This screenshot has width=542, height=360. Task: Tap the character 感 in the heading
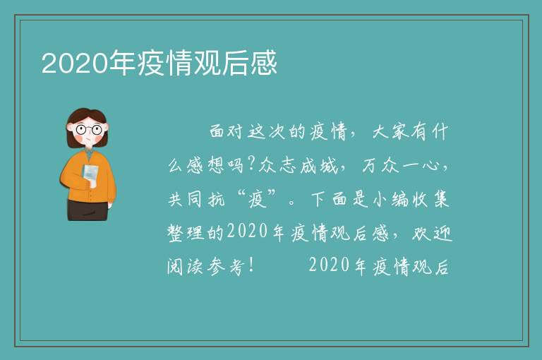[x=264, y=63]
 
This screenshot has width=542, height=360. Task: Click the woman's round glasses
[x=89, y=130]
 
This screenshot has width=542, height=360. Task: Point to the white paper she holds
[x=90, y=175]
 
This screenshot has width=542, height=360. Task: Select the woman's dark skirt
[x=88, y=210]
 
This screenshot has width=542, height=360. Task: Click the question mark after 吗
[x=251, y=165]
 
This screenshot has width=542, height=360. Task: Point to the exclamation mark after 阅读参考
[x=251, y=266]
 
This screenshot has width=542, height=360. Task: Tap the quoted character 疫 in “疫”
[x=258, y=200]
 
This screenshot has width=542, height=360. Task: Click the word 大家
[x=390, y=132]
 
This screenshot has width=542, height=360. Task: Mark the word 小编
[x=390, y=200]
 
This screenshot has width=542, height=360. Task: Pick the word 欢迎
[x=432, y=233]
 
